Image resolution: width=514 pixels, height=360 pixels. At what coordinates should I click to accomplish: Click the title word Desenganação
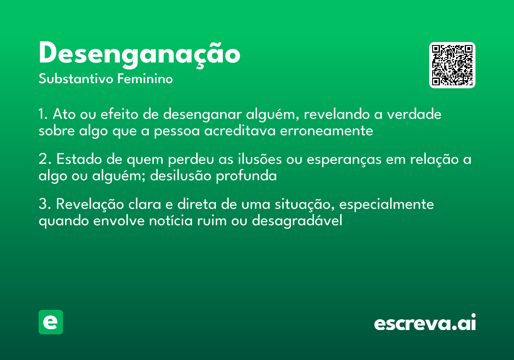click(x=139, y=54)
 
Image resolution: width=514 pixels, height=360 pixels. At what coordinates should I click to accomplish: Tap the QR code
click(x=452, y=65)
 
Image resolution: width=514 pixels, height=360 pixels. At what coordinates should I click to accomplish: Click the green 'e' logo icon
click(x=51, y=322)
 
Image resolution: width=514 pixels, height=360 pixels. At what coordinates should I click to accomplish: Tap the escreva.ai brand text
click(x=425, y=323)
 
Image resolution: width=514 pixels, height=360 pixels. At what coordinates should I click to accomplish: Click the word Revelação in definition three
click(x=90, y=204)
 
